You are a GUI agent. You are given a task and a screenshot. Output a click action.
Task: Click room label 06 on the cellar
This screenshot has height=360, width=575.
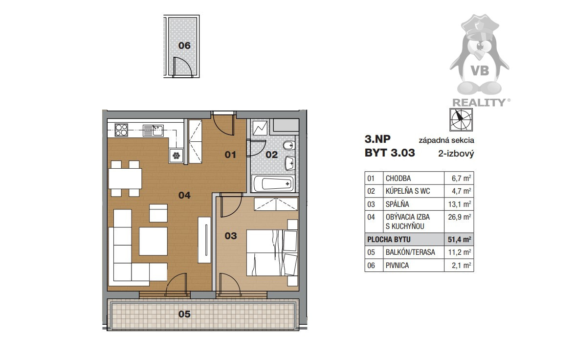(x=184, y=45)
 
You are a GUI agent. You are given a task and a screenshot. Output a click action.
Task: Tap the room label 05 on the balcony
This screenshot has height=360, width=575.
(x=184, y=314)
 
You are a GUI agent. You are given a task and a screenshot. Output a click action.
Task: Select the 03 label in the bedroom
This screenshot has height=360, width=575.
(x=231, y=236)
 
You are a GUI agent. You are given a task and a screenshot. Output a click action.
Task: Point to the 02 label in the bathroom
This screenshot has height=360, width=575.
(x=271, y=155)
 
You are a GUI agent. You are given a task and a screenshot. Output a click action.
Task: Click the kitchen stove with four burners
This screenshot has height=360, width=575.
(x=121, y=130)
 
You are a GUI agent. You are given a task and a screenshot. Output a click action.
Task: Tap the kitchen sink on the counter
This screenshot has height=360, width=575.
(x=154, y=131)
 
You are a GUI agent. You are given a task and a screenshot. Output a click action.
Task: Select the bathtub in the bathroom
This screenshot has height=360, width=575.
(x=273, y=183)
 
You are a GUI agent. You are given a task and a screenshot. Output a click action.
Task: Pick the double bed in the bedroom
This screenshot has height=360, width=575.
(x=272, y=252)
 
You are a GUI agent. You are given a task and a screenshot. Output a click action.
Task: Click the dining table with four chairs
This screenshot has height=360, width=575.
(x=125, y=179)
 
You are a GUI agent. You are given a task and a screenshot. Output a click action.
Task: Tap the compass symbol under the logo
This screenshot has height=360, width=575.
(x=461, y=120)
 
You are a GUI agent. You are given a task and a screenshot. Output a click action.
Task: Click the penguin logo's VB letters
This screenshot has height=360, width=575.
(x=480, y=70)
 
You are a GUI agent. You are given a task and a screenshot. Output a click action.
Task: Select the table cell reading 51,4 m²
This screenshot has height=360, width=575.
(x=459, y=240)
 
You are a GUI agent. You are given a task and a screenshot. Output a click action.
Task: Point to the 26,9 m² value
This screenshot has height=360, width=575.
(x=460, y=217)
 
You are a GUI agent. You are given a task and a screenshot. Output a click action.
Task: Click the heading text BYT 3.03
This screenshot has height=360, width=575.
(x=390, y=153)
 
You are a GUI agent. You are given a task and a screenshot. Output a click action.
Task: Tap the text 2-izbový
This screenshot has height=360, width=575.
(x=456, y=154)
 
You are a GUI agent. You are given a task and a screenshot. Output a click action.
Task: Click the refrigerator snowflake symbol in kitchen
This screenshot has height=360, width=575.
(x=177, y=156)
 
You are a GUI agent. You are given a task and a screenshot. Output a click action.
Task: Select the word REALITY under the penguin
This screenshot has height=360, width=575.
(x=479, y=103)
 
